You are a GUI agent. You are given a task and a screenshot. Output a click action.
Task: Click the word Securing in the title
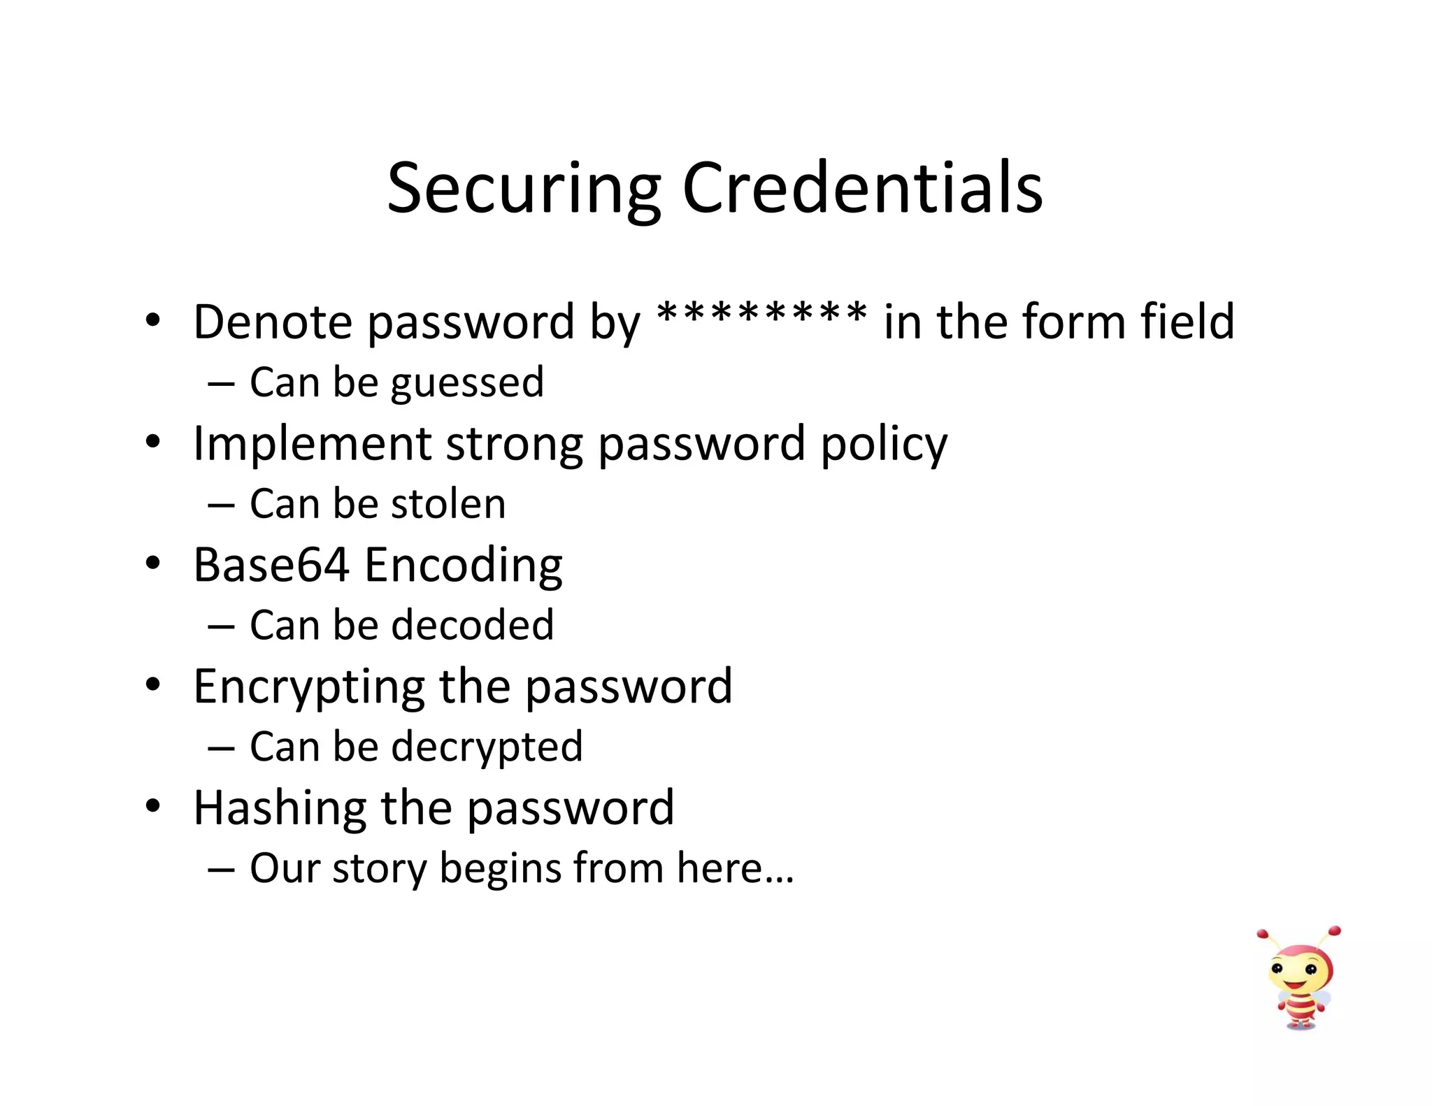(524, 189)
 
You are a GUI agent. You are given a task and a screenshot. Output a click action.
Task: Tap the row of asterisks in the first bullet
(762, 315)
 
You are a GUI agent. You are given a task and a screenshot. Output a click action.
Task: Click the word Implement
(312, 444)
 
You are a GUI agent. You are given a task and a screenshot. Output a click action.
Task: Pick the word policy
(884, 445)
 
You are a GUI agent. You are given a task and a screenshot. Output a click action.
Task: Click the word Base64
(271, 565)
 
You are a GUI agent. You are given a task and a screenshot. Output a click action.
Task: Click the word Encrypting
(308, 687)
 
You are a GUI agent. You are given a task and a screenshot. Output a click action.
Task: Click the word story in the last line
(378, 869)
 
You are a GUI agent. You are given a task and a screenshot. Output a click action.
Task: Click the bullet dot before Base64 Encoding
(153, 563)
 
